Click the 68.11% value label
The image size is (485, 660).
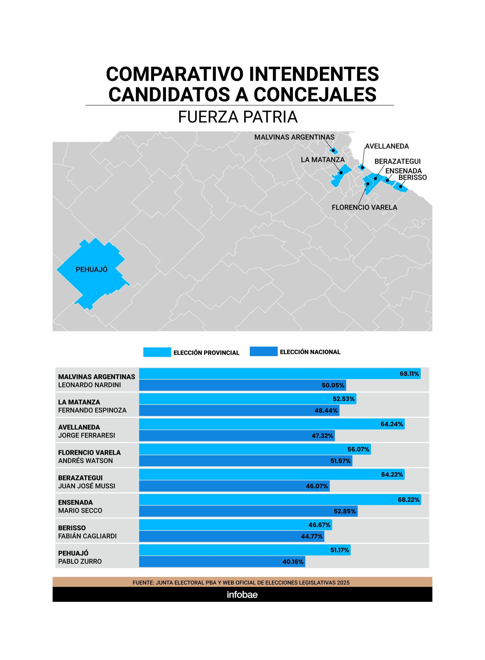click(x=409, y=374)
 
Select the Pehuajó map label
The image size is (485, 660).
click(x=91, y=269)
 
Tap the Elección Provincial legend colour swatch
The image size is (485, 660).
click(x=157, y=352)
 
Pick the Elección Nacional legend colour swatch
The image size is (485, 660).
click(x=263, y=351)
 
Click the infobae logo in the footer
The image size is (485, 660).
click(x=242, y=595)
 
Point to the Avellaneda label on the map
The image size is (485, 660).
click(x=387, y=146)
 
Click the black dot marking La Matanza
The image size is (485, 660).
click(x=341, y=173)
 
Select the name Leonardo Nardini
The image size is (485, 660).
click(x=89, y=385)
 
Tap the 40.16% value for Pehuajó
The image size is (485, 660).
click(x=293, y=562)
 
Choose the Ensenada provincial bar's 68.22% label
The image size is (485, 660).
click(x=408, y=500)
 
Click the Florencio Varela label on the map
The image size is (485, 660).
click(x=364, y=208)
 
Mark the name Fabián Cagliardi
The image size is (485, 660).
click(x=87, y=536)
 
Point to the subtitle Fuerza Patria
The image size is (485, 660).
click(x=238, y=117)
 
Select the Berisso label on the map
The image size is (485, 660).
click(x=413, y=177)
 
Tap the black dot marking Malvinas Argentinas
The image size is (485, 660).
click(x=333, y=150)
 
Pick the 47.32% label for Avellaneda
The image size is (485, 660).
click(x=322, y=436)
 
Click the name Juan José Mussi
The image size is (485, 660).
click(x=87, y=486)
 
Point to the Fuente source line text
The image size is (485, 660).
click(x=241, y=582)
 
